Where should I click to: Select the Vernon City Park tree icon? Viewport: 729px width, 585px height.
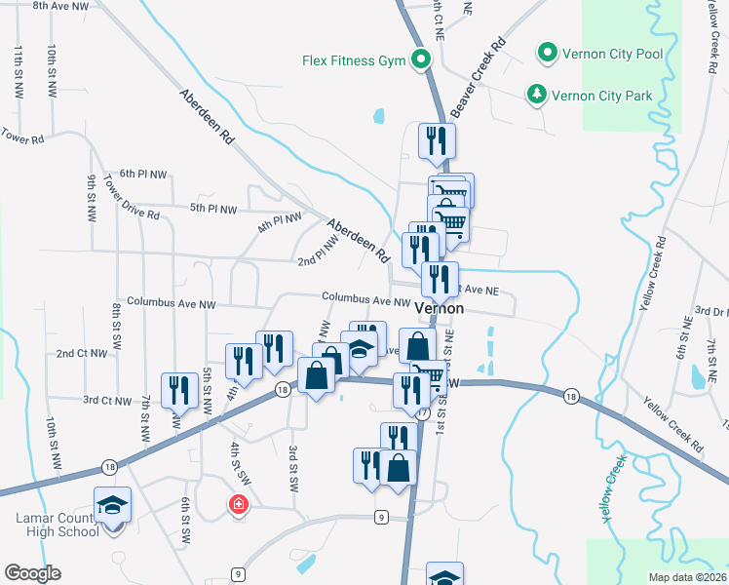[x=535, y=95]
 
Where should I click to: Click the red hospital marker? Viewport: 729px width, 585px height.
[x=236, y=504]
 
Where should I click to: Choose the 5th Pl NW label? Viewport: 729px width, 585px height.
[x=213, y=209]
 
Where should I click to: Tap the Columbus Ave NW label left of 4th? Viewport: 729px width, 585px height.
[x=171, y=303]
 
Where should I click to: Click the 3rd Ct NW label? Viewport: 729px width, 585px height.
[x=107, y=400]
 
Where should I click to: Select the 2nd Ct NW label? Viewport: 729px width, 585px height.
[x=81, y=353]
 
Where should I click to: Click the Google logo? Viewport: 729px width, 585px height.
[x=32, y=573]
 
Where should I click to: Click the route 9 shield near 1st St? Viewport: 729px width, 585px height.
[x=380, y=516]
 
